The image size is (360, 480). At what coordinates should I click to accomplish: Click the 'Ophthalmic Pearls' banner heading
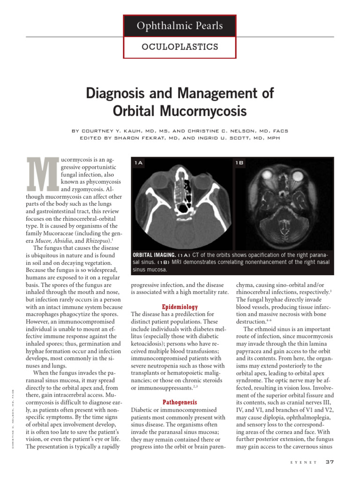click(x=180, y=26)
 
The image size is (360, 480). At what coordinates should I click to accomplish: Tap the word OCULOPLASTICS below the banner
click(x=180, y=47)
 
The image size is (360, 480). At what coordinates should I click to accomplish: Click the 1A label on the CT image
click(x=139, y=163)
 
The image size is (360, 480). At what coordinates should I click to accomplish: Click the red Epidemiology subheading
click(x=180, y=307)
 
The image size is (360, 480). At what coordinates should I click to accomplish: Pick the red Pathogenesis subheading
click(x=180, y=402)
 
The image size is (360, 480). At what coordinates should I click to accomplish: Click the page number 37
click(x=330, y=462)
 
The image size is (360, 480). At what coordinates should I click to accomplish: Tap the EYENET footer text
click(x=305, y=463)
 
